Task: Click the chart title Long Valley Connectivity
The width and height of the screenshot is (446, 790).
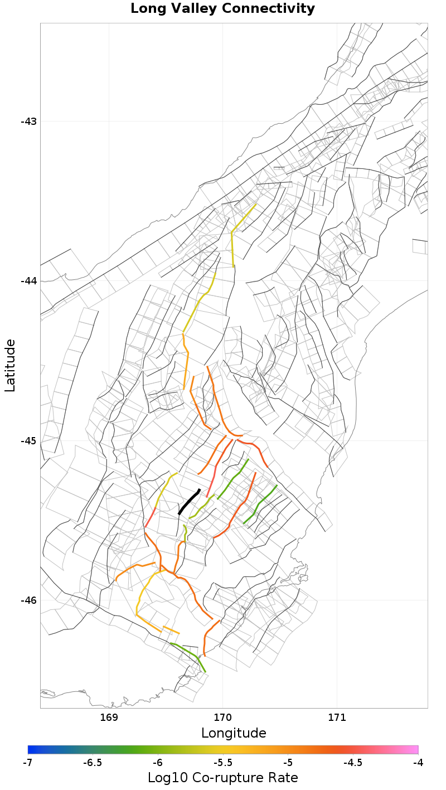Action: (x=222, y=9)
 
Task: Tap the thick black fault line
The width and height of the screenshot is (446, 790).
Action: (x=189, y=502)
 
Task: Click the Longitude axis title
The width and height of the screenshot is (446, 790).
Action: (x=234, y=733)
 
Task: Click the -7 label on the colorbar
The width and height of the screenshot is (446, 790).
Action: (x=28, y=762)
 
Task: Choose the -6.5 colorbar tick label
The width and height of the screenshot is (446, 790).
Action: (x=92, y=762)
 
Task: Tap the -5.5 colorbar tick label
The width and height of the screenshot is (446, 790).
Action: (x=222, y=762)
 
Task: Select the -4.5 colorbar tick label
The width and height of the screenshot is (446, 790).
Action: (x=353, y=762)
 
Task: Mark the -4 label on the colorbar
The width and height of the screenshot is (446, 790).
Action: (x=418, y=762)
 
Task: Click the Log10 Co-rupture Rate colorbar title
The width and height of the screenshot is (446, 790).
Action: (x=223, y=778)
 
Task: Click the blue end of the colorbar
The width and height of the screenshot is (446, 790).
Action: (x=31, y=749)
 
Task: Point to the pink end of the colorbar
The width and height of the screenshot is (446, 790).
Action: (x=415, y=749)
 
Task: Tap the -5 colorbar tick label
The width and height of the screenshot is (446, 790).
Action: (x=288, y=762)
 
